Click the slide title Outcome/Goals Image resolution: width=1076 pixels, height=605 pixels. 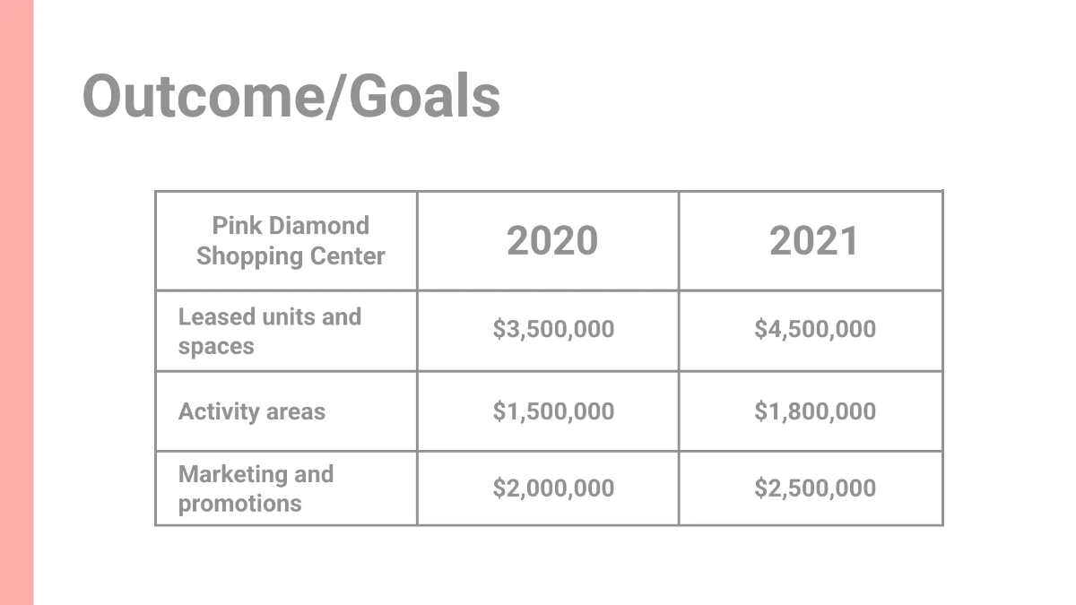(291, 96)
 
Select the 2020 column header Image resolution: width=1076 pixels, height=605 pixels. (552, 240)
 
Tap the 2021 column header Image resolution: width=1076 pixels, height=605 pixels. (814, 240)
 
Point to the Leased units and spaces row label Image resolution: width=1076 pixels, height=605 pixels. (269, 331)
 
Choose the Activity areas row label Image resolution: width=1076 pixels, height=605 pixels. (252, 411)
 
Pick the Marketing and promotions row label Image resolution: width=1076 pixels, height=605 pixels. (256, 488)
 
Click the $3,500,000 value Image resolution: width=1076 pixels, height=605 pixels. (553, 329)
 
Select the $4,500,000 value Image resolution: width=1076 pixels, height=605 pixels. (815, 329)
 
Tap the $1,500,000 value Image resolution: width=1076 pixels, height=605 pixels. (553, 411)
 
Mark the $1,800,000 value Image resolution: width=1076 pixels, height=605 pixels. (815, 411)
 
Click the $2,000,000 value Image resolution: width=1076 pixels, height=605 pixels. (553, 488)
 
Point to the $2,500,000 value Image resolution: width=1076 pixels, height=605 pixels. (815, 488)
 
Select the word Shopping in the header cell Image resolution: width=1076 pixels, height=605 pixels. (238, 256)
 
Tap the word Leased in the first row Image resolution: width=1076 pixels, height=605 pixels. (216, 316)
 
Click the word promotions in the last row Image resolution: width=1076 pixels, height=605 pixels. (239, 504)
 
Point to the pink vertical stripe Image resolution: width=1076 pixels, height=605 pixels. (16, 302)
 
